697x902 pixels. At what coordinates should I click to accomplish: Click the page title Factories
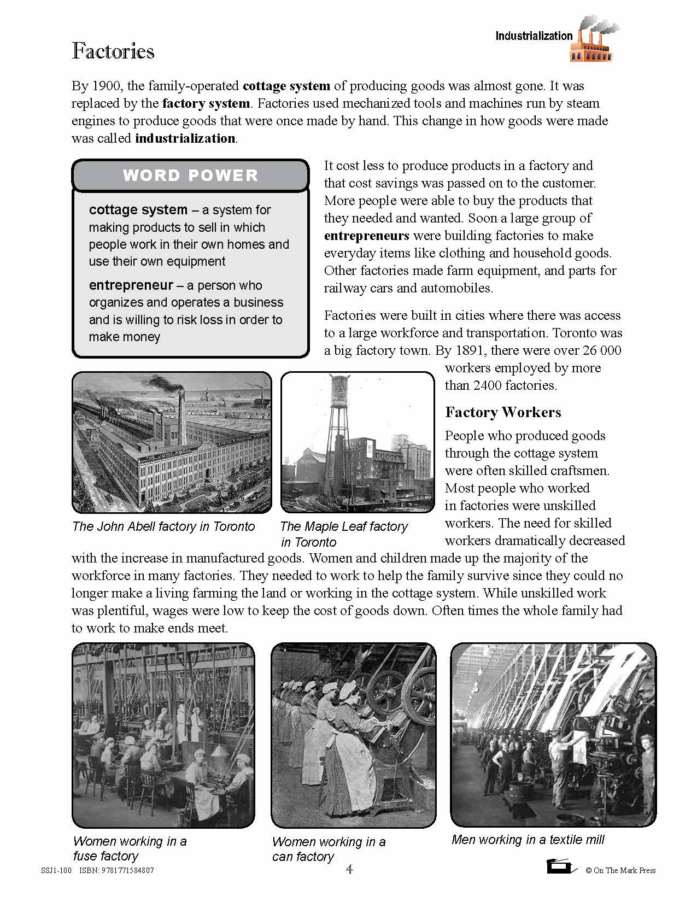(113, 51)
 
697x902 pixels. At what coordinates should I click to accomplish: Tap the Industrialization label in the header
(534, 36)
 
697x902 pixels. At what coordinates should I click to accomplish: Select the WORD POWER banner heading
(190, 175)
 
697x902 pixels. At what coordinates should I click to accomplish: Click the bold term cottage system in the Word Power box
(138, 210)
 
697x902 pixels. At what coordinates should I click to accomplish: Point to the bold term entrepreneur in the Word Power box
(131, 285)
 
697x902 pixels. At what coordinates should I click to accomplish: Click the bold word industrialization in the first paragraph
(185, 138)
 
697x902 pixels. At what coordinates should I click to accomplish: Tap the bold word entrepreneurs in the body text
(366, 236)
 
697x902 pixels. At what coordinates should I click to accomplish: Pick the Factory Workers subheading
(503, 412)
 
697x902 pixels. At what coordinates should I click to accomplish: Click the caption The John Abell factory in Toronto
(163, 526)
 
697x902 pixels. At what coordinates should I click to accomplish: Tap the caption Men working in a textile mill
(528, 840)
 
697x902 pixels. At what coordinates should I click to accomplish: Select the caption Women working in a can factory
(328, 849)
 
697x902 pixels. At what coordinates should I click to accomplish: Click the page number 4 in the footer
(349, 869)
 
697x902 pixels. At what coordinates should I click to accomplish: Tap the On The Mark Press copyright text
(620, 870)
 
